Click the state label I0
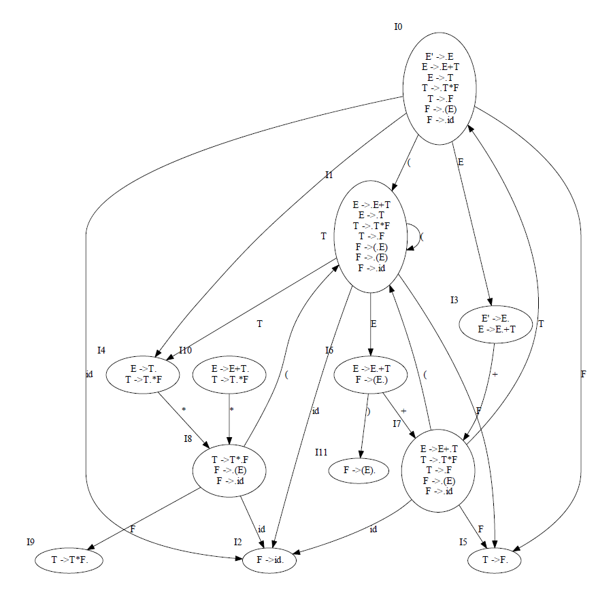(x=398, y=27)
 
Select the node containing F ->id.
(x=269, y=561)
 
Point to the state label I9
(x=31, y=542)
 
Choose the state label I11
(x=321, y=452)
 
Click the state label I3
(x=454, y=300)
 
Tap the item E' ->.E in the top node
(x=439, y=57)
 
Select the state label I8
(x=188, y=439)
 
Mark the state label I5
(x=463, y=542)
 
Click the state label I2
(x=237, y=542)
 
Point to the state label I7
(x=397, y=424)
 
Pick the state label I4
(x=101, y=350)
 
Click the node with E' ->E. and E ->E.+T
(x=497, y=324)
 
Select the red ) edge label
(x=367, y=412)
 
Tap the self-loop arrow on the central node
(x=415, y=238)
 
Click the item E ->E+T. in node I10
(x=230, y=369)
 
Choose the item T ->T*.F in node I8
(x=229, y=459)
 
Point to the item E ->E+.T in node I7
(x=439, y=449)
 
